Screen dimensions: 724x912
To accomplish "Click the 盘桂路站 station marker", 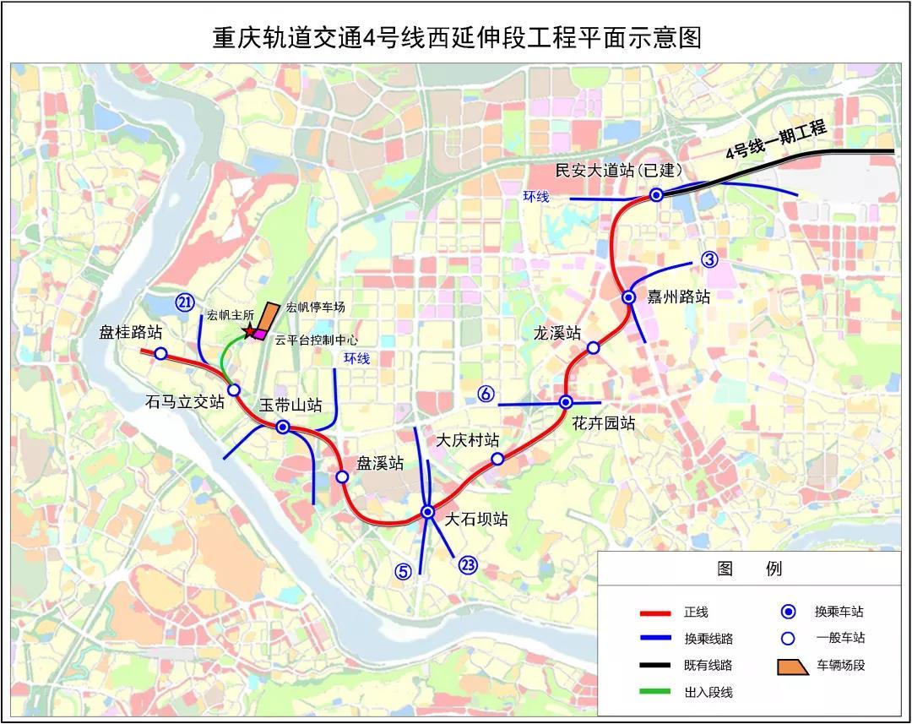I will pyautogui.click(x=160, y=353).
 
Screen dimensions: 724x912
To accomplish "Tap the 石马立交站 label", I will pyautogui.click(x=185, y=402).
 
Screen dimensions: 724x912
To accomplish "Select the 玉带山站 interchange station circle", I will pyautogui.click(x=284, y=427).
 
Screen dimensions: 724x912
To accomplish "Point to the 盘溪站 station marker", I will pyautogui.click(x=342, y=476).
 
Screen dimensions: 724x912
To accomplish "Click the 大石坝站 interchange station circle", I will pyautogui.click(x=428, y=511).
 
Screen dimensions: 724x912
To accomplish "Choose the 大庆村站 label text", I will pyautogui.click(x=467, y=440).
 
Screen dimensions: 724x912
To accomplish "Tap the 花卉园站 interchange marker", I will pyautogui.click(x=566, y=402).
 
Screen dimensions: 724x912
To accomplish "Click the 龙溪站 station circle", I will pyautogui.click(x=593, y=347).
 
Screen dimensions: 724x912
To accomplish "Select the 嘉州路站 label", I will pyautogui.click(x=678, y=297).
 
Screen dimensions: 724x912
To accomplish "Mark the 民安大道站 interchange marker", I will pyautogui.click(x=657, y=195).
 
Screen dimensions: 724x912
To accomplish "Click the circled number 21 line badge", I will pyautogui.click(x=185, y=302).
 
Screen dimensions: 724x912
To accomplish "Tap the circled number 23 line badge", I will pyautogui.click(x=468, y=565).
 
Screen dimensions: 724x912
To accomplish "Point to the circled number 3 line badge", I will pyautogui.click(x=710, y=259).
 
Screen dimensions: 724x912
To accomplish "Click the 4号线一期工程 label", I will pyautogui.click(x=776, y=142).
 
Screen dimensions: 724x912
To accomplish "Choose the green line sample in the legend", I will pyautogui.click(x=654, y=692).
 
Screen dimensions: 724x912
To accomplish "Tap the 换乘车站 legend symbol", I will pyautogui.click(x=789, y=612).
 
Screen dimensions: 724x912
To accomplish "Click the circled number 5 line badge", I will pyautogui.click(x=404, y=571).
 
